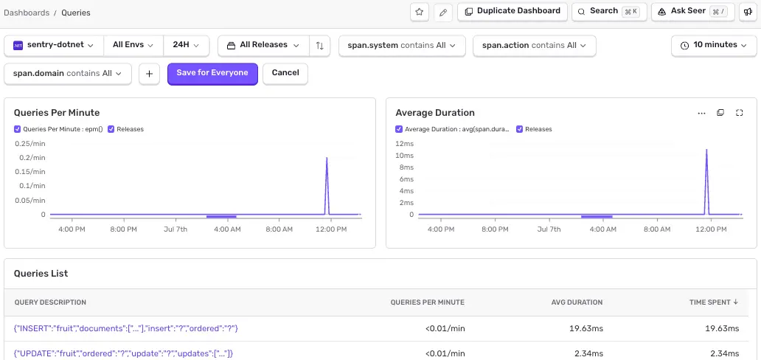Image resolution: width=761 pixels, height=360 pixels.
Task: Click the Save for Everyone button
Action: click(x=212, y=73)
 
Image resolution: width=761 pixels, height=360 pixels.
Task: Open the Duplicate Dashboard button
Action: click(x=512, y=11)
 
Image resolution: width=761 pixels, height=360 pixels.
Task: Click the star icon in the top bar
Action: click(x=420, y=12)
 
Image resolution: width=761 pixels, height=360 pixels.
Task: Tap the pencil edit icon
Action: click(x=442, y=12)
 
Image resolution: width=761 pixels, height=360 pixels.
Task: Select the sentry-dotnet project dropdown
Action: click(x=54, y=45)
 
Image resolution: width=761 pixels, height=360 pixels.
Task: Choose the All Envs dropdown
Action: click(x=133, y=45)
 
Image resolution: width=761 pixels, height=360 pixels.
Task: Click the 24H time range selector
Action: click(x=187, y=45)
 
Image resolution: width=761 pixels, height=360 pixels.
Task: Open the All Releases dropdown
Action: click(x=263, y=45)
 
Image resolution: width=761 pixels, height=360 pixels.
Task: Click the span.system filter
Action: click(x=402, y=46)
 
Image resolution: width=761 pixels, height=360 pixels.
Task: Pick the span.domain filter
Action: click(x=68, y=74)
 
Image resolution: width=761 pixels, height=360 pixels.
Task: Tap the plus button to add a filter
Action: click(x=150, y=74)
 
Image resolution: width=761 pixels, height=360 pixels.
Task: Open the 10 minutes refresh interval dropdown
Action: click(x=715, y=45)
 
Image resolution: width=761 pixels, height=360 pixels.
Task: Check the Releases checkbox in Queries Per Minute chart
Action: click(x=111, y=129)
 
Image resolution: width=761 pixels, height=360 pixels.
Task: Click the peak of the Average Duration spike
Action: click(x=706, y=150)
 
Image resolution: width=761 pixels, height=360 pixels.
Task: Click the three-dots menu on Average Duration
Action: click(x=701, y=113)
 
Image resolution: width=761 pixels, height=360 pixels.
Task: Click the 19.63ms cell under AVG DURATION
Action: click(x=586, y=329)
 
